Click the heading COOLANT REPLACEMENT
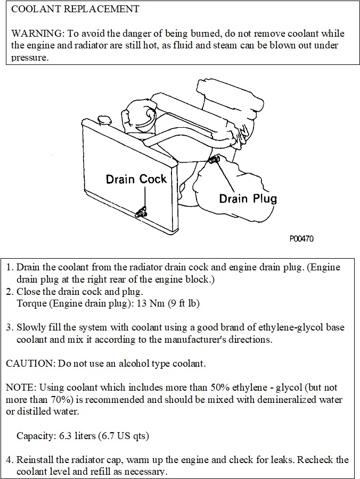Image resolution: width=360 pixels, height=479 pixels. click(75, 9)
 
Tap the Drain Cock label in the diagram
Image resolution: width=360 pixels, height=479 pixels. click(136, 179)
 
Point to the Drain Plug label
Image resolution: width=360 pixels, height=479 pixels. click(248, 199)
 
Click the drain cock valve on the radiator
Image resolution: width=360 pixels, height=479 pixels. click(142, 213)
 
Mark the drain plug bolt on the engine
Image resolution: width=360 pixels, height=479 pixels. click(214, 160)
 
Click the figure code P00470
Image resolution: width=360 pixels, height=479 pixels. click(301, 239)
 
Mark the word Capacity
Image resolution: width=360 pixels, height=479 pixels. click(35, 436)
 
